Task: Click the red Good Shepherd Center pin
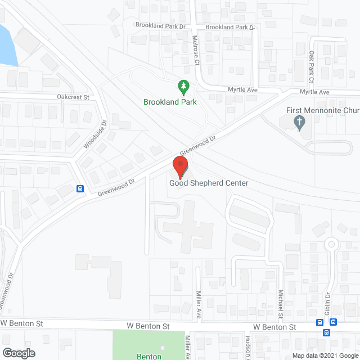(x=179, y=166)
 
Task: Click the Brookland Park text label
(x=170, y=102)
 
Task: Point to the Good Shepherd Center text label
(x=209, y=183)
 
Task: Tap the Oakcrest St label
(x=73, y=97)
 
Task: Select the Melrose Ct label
(x=196, y=52)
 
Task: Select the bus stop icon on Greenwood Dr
(x=81, y=189)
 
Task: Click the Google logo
(x=18, y=353)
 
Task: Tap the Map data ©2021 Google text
(x=324, y=355)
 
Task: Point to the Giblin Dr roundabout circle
(x=332, y=244)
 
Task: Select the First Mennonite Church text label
(x=322, y=111)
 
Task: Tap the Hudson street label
(x=248, y=349)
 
